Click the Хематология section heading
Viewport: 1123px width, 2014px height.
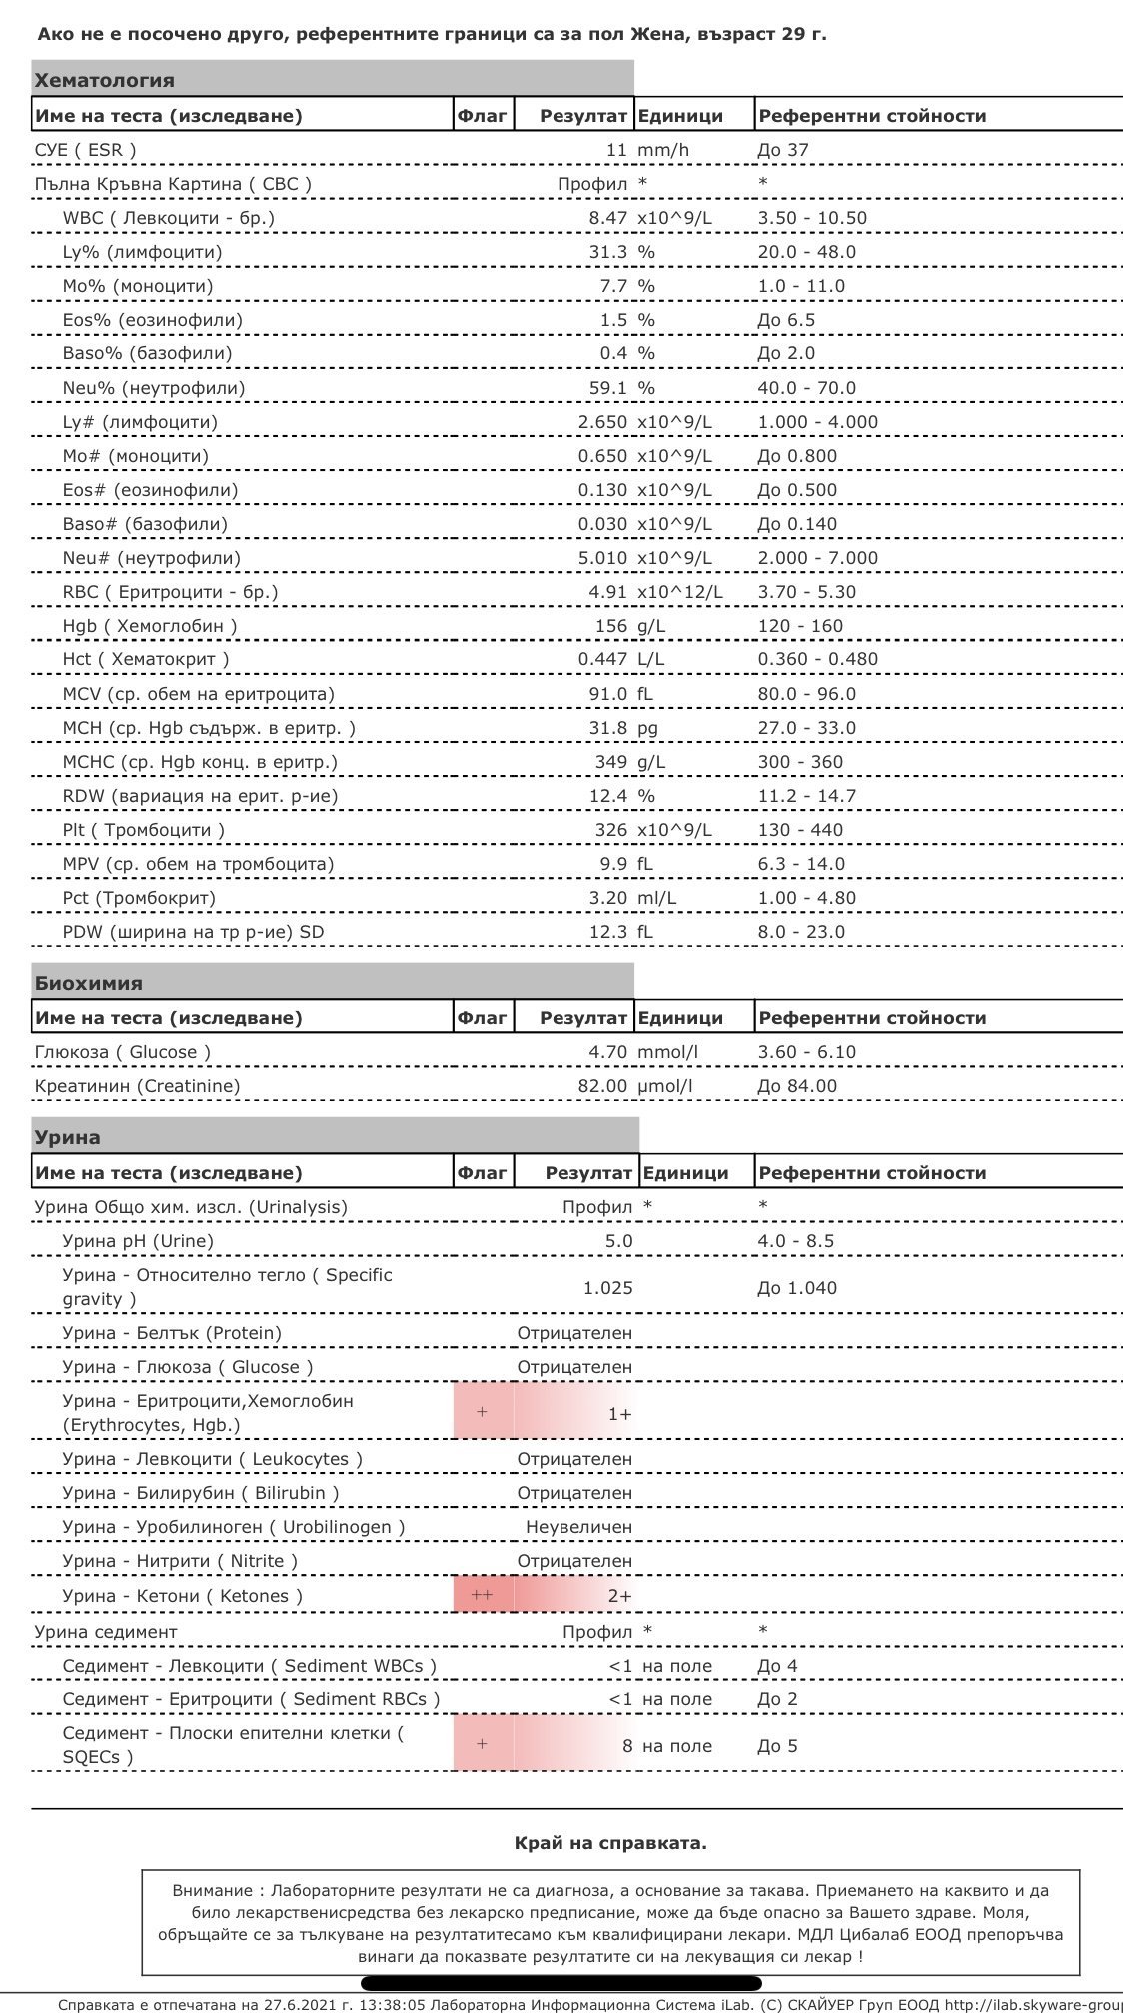pyautogui.click(x=104, y=81)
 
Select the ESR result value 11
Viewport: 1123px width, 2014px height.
pyautogui.click(x=616, y=150)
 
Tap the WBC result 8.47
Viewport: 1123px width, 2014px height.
pyautogui.click(x=607, y=218)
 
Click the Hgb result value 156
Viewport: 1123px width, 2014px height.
pyautogui.click(x=610, y=626)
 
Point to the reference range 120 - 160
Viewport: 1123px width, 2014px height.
pyautogui.click(x=800, y=626)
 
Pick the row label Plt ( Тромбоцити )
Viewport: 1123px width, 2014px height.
pyautogui.click(x=143, y=830)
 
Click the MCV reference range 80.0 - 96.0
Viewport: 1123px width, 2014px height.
pyautogui.click(x=806, y=694)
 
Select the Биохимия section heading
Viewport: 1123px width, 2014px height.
pyautogui.click(x=89, y=983)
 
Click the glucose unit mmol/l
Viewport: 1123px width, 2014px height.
pyautogui.click(x=667, y=1052)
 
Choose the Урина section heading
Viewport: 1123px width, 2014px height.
pyautogui.click(x=67, y=1137)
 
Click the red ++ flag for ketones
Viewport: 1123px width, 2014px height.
pyautogui.click(x=482, y=1595)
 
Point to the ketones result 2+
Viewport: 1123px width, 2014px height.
pyautogui.click(x=619, y=1596)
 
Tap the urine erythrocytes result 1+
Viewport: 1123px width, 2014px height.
pyautogui.click(x=619, y=1414)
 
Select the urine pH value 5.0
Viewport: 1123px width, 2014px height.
pyautogui.click(x=618, y=1241)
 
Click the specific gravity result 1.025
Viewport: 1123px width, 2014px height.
pyautogui.click(x=607, y=1288)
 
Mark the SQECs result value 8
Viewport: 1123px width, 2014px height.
pyautogui.click(x=627, y=1746)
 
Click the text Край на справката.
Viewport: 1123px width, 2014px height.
pyautogui.click(x=610, y=1843)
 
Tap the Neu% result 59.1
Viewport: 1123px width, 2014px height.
pyautogui.click(x=607, y=388)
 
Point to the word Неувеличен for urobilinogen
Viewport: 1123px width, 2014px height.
pyautogui.click(x=578, y=1527)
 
